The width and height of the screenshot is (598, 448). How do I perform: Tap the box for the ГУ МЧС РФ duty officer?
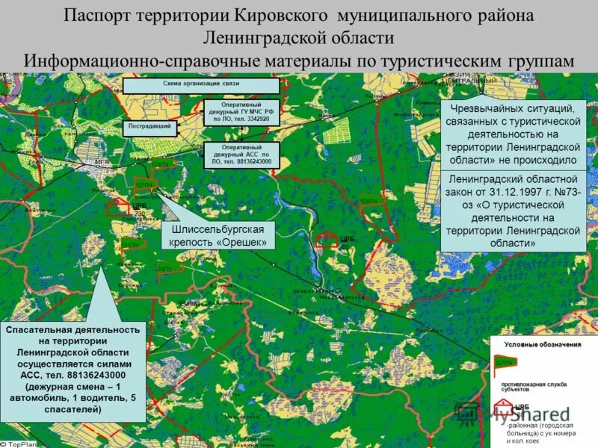241,111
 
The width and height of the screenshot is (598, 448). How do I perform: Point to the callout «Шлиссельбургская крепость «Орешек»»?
218,235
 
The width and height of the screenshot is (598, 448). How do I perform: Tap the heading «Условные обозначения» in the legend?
542,344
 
